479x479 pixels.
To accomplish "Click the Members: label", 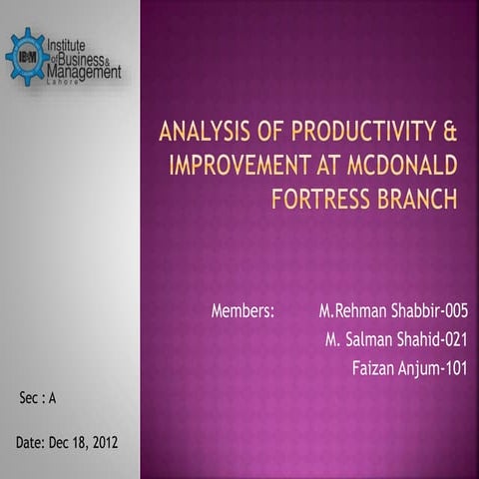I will click(x=242, y=311).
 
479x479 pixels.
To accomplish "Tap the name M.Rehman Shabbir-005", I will click(x=392, y=311).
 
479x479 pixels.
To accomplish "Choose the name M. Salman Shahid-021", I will click(x=396, y=340).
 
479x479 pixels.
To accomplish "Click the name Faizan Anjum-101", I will click(x=409, y=369).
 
